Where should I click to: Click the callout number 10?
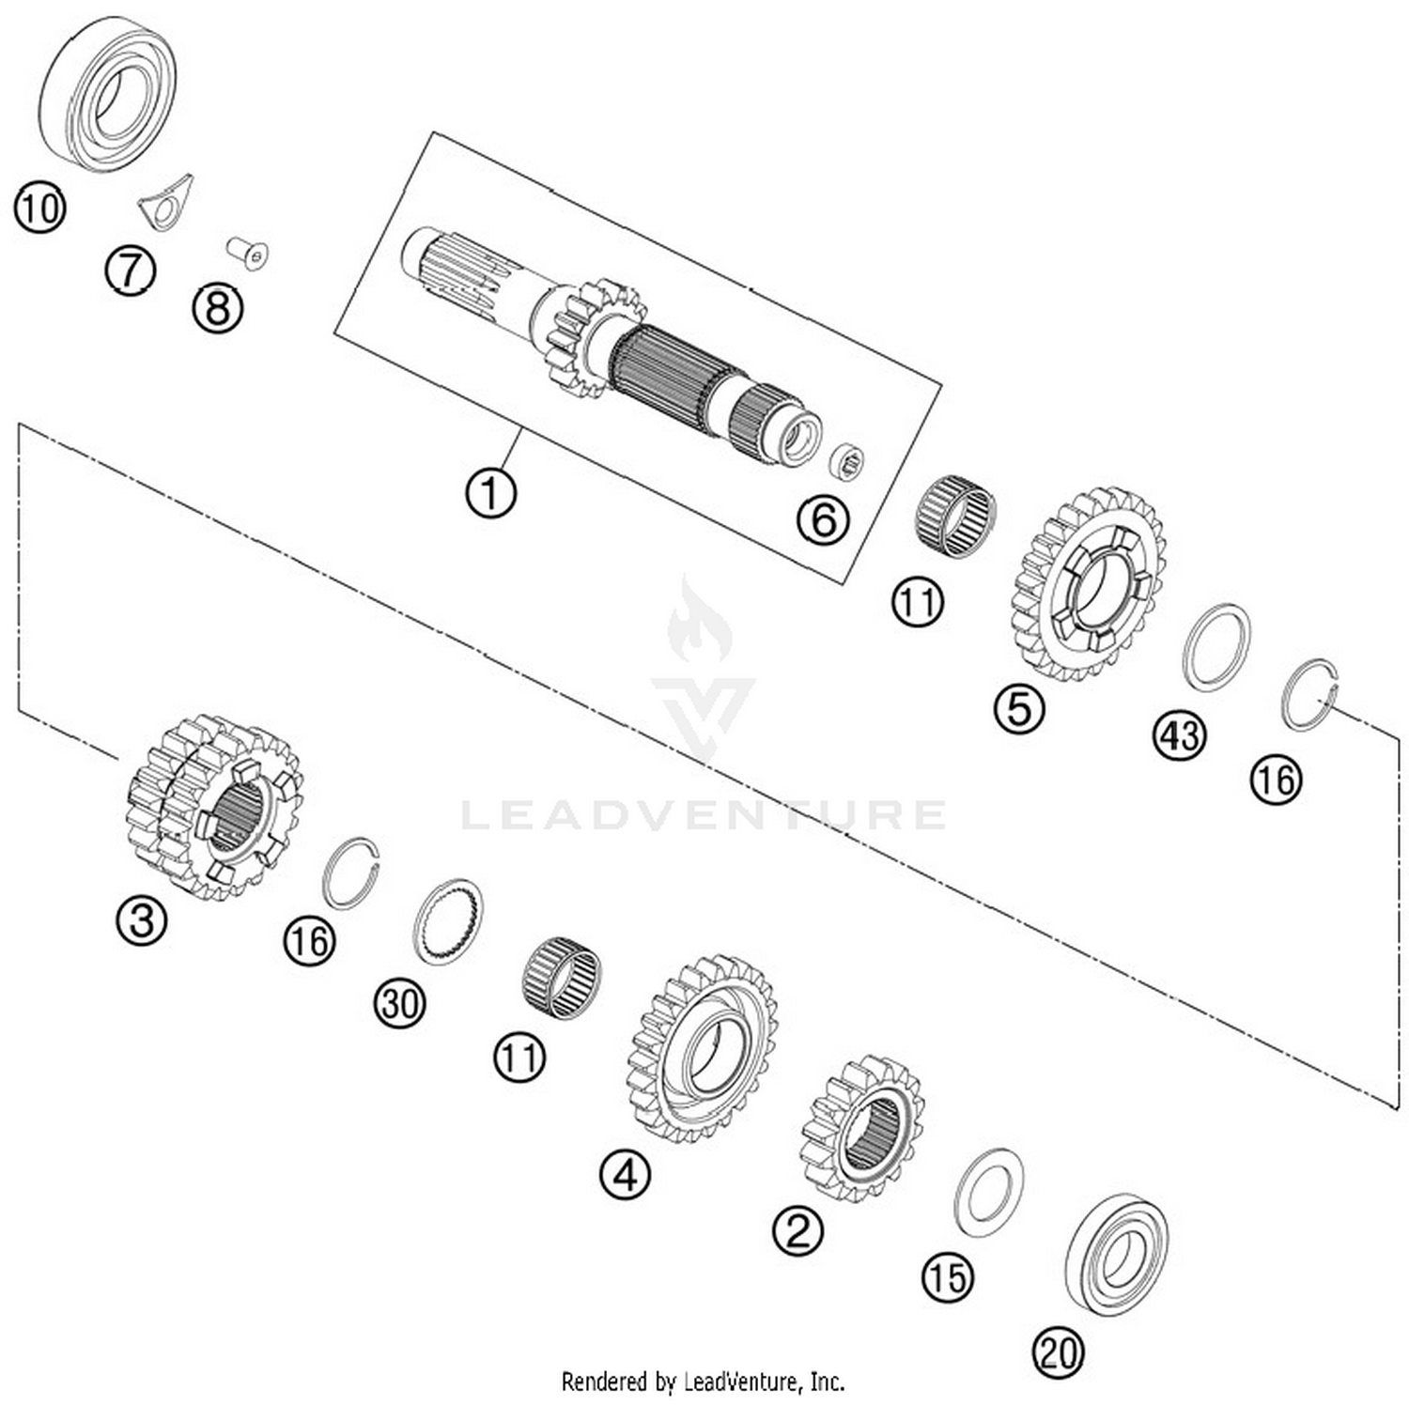point(39,208)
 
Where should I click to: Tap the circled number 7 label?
point(130,270)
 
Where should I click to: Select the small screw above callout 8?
point(249,253)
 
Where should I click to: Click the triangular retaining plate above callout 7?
point(166,202)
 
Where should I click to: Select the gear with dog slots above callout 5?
point(1090,584)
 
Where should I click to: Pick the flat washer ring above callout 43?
point(1216,647)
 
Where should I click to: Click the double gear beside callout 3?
point(214,806)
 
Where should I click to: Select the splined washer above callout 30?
point(449,921)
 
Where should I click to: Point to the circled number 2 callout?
point(797,1229)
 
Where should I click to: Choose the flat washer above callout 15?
point(989,1192)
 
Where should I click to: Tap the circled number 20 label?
point(1058,1353)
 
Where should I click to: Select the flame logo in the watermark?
point(700,620)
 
